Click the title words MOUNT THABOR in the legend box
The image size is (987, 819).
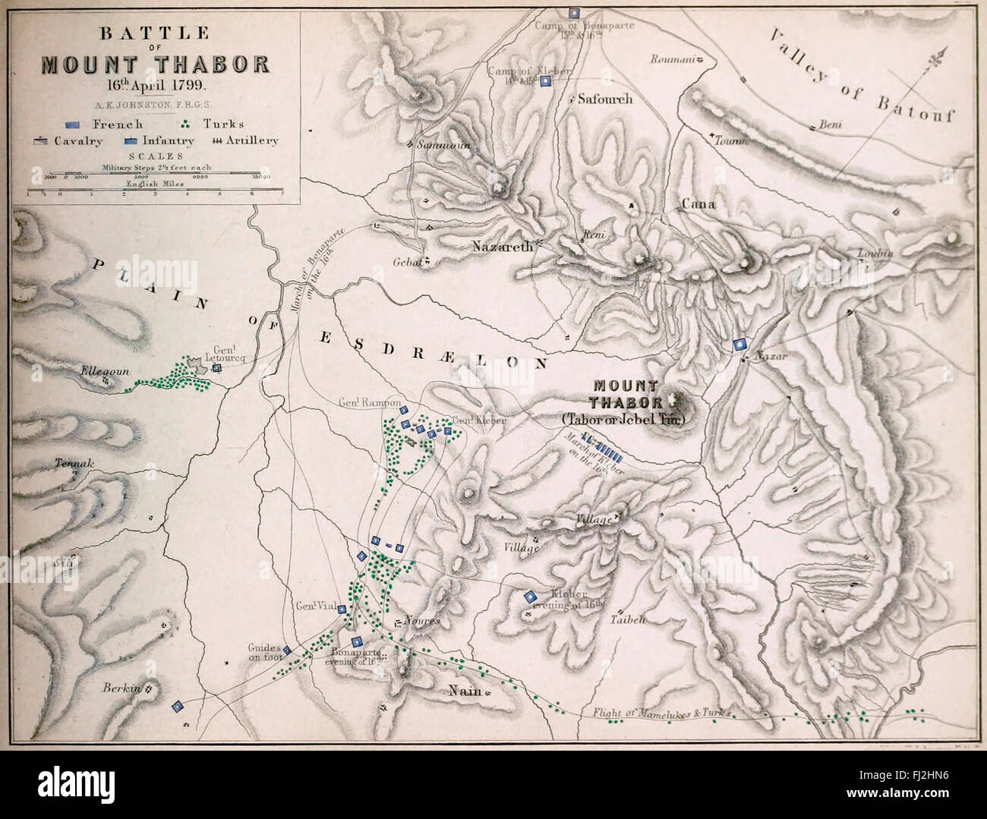(155, 63)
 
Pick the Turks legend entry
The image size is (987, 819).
(216, 124)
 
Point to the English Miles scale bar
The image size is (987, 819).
(155, 191)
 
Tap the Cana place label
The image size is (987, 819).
(694, 203)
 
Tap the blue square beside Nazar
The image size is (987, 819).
(737, 345)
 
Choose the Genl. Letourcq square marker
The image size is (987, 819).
(216, 368)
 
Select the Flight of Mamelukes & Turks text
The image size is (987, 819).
(659, 714)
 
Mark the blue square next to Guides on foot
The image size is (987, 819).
(287, 650)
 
